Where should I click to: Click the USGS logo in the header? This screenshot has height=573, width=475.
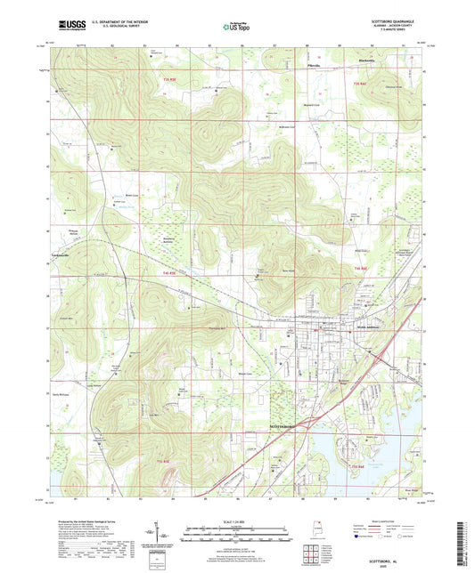pos(72,27)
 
